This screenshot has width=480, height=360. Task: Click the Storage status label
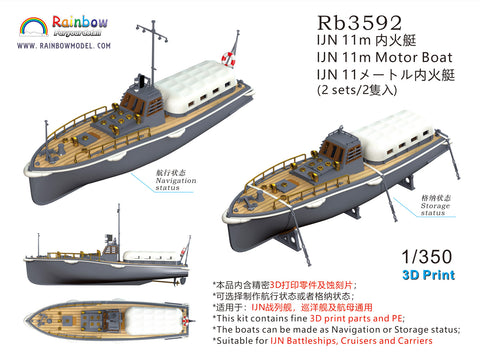coord(431,207)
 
